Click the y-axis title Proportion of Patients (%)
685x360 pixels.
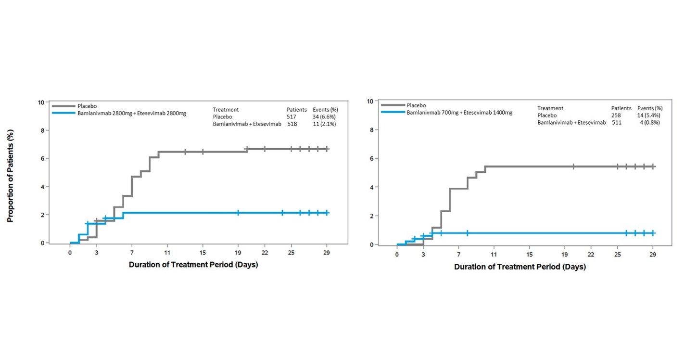pos(10,175)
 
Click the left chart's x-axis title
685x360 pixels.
pos(193,265)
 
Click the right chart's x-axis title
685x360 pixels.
pos(520,267)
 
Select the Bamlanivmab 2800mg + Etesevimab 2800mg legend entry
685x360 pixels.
pos(131,113)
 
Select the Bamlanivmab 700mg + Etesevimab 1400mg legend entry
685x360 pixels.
pos(459,112)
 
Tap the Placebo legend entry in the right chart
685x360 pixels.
pos(416,105)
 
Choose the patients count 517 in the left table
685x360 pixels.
pos(292,116)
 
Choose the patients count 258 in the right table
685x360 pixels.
pos(616,116)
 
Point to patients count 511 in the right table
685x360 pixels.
pos(616,122)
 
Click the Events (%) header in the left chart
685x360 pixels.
pos(325,110)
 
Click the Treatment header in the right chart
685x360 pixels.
pos(550,108)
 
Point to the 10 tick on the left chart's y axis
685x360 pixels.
pos(41,103)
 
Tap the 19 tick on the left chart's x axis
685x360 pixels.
pos(238,253)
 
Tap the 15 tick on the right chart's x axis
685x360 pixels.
pos(529,254)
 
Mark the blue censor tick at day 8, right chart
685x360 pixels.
pos(467,233)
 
